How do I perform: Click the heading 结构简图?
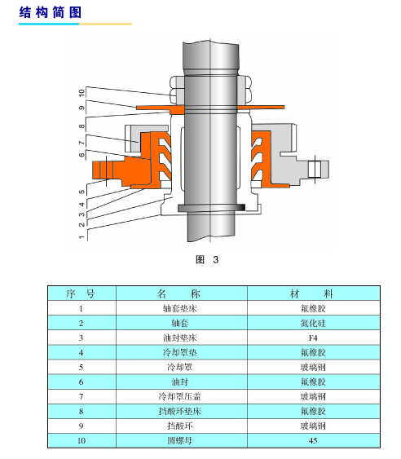pos(50,12)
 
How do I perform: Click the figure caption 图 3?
pos(207,259)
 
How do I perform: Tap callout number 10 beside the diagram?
pos(82,93)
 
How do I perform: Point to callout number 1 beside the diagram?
pos(82,236)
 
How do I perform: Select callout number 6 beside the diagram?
pos(82,155)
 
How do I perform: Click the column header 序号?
pos(81,293)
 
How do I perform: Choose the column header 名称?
pos(179,293)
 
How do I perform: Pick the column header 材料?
pos(312,293)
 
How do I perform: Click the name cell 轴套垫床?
pos(180,308)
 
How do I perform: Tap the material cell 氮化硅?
pos(313,323)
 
